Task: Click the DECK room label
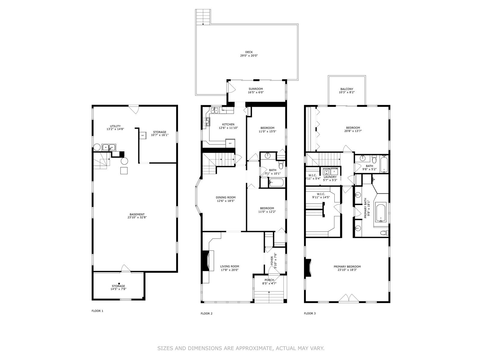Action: point(249,52)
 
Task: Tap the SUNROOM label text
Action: point(255,89)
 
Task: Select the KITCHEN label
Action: point(228,125)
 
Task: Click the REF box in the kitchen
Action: point(230,143)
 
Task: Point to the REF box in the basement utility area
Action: point(143,135)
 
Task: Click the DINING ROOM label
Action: point(226,197)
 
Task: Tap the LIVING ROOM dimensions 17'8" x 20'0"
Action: point(230,270)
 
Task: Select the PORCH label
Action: point(269,280)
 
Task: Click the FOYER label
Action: point(272,262)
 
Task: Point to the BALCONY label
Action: point(347,89)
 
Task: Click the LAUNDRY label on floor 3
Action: point(330,177)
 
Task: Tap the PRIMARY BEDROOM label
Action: point(347,267)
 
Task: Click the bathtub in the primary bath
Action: point(381,213)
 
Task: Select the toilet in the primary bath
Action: point(384,233)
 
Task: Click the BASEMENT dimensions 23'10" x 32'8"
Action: point(137,218)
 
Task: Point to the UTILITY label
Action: point(115,126)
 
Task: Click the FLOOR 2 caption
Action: point(206,313)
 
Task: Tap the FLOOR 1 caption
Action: point(97,311)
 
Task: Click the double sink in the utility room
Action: point(109,147)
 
